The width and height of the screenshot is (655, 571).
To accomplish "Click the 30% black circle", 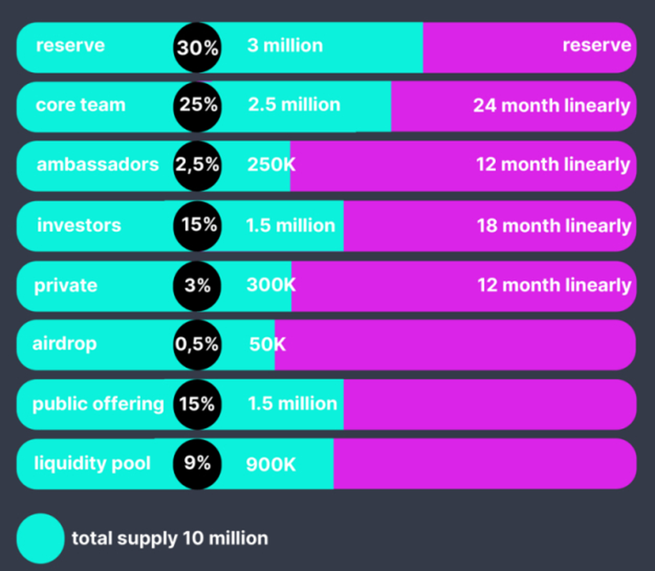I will tap(197, 47).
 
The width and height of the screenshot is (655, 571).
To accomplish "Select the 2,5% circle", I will tap(197, 165).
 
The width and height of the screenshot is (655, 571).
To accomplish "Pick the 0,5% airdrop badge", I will tap(197, 344).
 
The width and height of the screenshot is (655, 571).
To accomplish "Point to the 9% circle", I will tap(197, 463).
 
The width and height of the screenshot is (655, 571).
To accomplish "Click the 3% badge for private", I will tap(197, 285).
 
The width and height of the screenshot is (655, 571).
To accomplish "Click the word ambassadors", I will tap(98, 165).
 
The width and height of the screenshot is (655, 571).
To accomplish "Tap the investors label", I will tap(79, 225).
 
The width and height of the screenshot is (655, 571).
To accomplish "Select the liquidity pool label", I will tap(92, 463).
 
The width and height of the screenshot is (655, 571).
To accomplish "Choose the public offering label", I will tap(98, 404).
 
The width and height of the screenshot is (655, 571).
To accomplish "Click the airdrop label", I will tap(64, 344).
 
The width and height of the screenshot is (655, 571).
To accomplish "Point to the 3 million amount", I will tap(285, 45).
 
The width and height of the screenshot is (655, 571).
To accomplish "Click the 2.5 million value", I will tap(294, 105).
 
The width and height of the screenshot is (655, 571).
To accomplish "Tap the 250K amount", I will tap(271, 165).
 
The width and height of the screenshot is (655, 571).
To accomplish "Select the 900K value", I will tap(271, 465).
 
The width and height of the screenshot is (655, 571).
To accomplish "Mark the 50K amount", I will tap(267, 344).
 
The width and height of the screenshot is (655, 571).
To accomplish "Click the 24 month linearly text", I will tap(551, 105).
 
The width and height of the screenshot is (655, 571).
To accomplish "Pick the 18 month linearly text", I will tap(553, 225).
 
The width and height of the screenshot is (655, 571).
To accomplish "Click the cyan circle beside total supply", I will tap(40, 538).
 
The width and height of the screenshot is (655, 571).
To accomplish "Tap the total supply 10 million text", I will tap(170, 538).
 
